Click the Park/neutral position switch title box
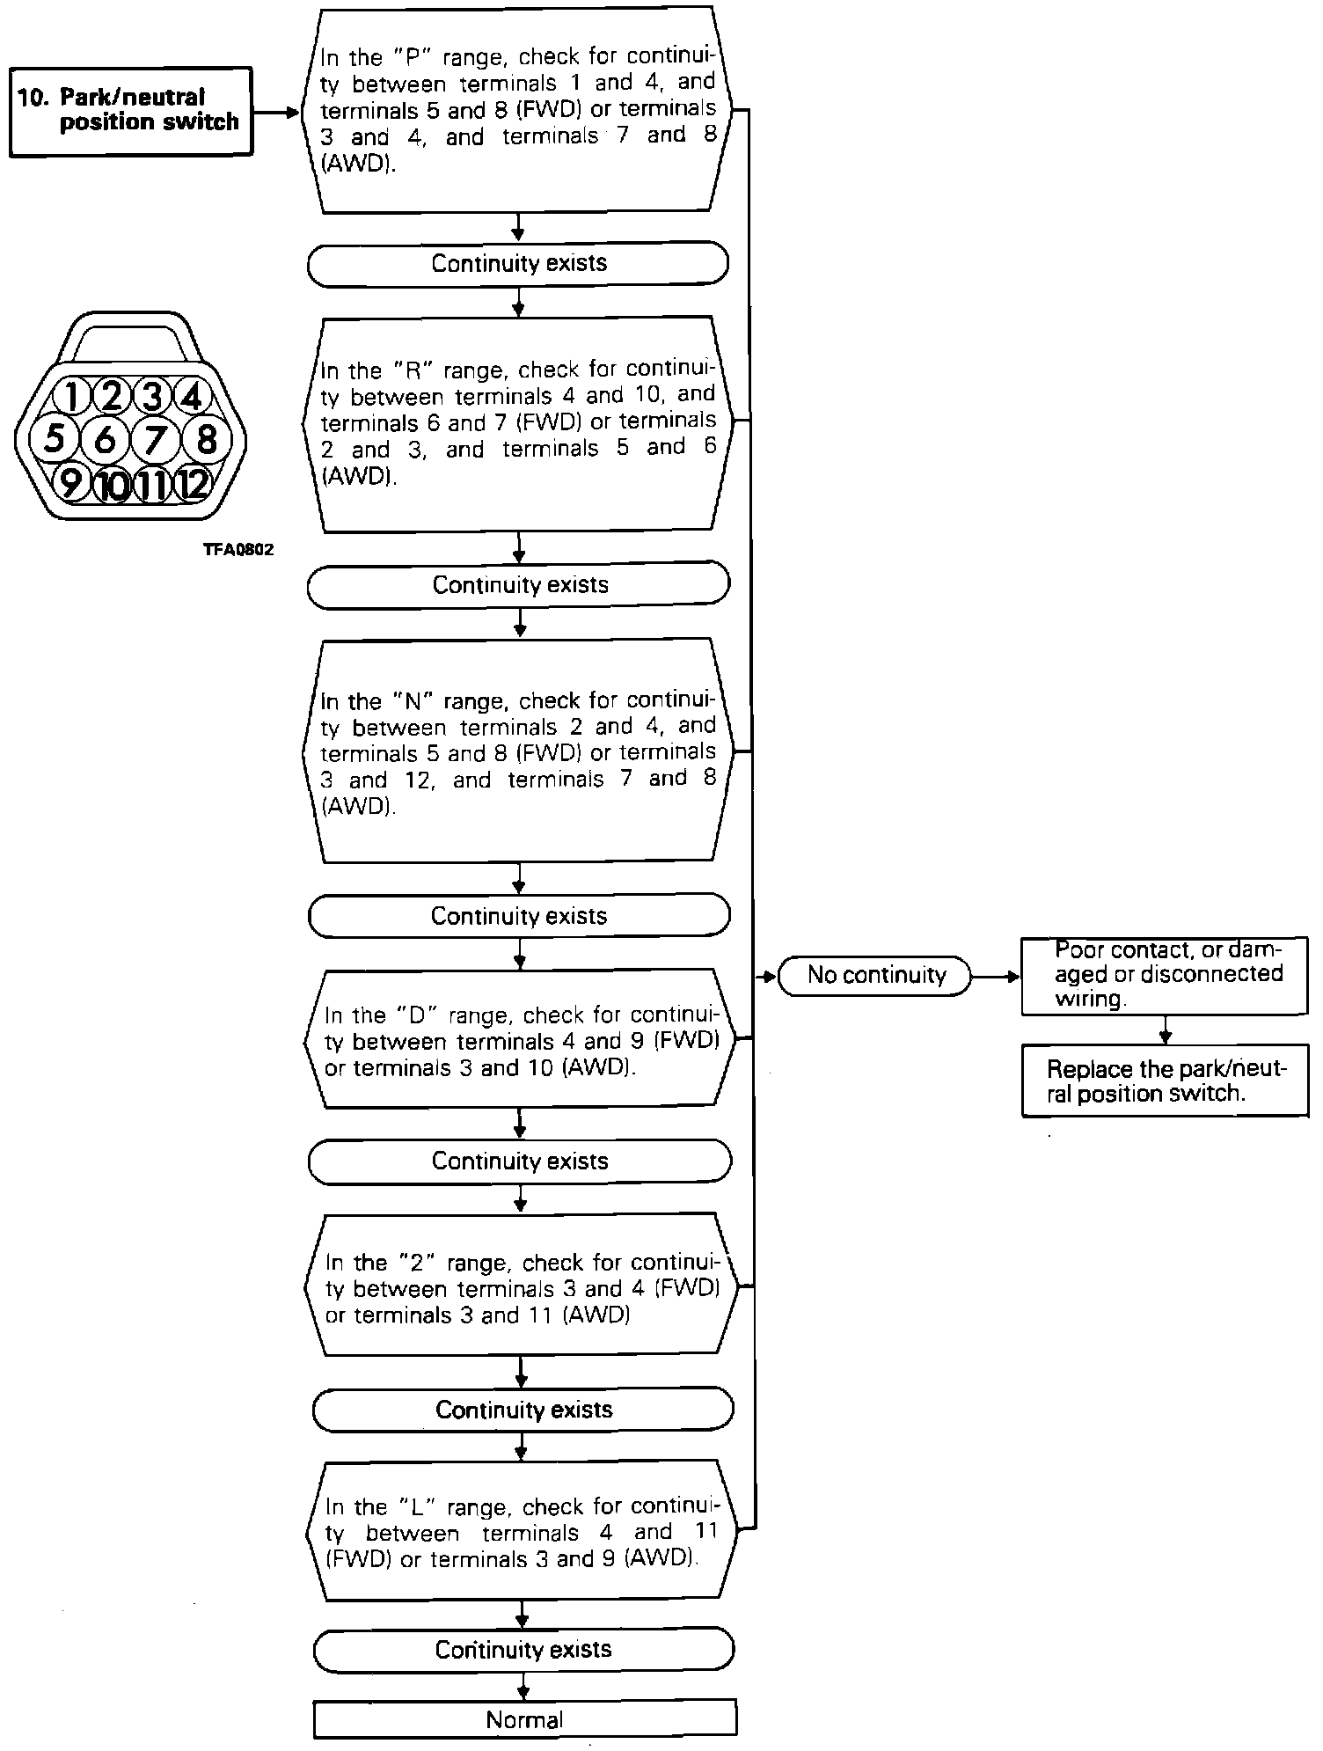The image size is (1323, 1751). pyautogui.click(x=130, y=112)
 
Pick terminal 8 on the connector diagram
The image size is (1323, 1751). pyautogui.click(x=207, y=437)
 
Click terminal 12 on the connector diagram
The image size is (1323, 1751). pyautogui.click(x=193, y=483)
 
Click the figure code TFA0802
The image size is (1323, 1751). pyautogui.click(x=238, y=550)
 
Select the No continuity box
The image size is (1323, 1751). pyautogui.click(x=875, y=975)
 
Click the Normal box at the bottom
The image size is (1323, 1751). pyautogui.click(x=524, y=1719)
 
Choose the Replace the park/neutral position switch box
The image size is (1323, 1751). pyautogui.click(x=1165, y=1081)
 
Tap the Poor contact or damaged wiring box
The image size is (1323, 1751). pyautogui.click(x=1165, y=975)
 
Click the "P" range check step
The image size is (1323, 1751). pyautogui.click(x=519, y=110)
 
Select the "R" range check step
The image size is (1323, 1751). pyautogui.click(x=519, y=424)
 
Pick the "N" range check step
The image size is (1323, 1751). pyautogui.click(x=519, y=752)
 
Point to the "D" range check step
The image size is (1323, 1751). pyautogui.click(x=521, y=1040)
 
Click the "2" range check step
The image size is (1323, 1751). pyautogui.click(x=523, y=1287)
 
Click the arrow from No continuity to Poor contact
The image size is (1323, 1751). pyautogui.click(x=996, y=976)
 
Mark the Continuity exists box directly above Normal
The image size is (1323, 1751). pyautogui.click(x=524, y=1649)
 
